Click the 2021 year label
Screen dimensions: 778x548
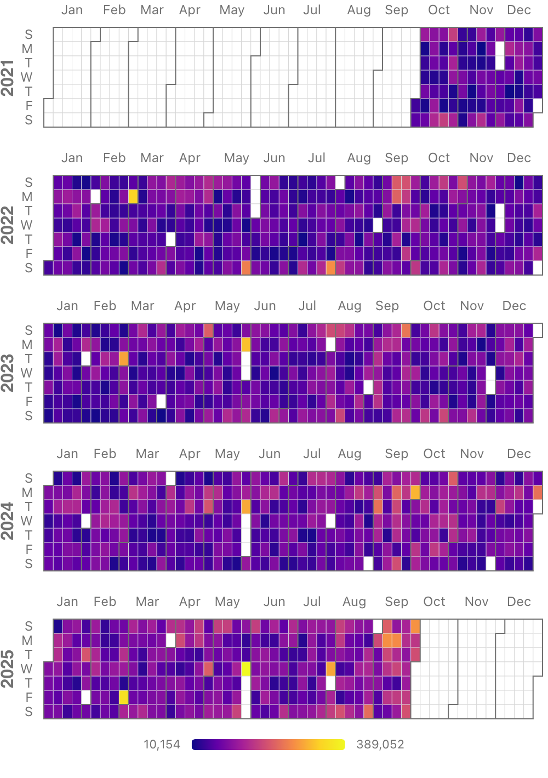pyautogui.click(x=8, y=78)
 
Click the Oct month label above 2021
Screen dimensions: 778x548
pyautogui.click(x=439, y=10)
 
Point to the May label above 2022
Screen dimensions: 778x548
pyautogui.click(x=236, y=158)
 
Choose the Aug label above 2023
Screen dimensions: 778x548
pyautogui.click(x=350, y=306)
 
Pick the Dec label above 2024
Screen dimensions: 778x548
pyautogui.click(x=518, y=454)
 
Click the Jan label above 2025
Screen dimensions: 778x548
pyautogui.click(x=67, y=602)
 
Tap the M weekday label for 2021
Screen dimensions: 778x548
pyautogui.click(x=27, y=49)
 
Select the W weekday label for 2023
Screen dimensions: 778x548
pyautogui.click(x=27, y=374)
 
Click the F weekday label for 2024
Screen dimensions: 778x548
pyautogui.click(x=28, y=550)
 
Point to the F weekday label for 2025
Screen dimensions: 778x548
pyautogui.click(x=28, y=698)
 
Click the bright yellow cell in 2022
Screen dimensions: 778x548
pyautogui.click(x=133, y=196)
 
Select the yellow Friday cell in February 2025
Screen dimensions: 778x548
pyautogui.click(x=124, y=697)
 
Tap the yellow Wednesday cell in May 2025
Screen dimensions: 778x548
pyautogui.click(x=246, y=668)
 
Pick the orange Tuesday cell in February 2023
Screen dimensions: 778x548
pyautogui.click(x=124, y=359)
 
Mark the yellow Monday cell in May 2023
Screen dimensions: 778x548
pyautogui.click(x=246, y=345)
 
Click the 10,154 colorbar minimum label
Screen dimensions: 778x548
pyautogui.click(x=162, y=745)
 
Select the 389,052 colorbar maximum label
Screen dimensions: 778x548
pyautogui.click(x=380, y=745)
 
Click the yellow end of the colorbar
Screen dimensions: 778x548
pyautogui.click(x=341, y=745)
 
